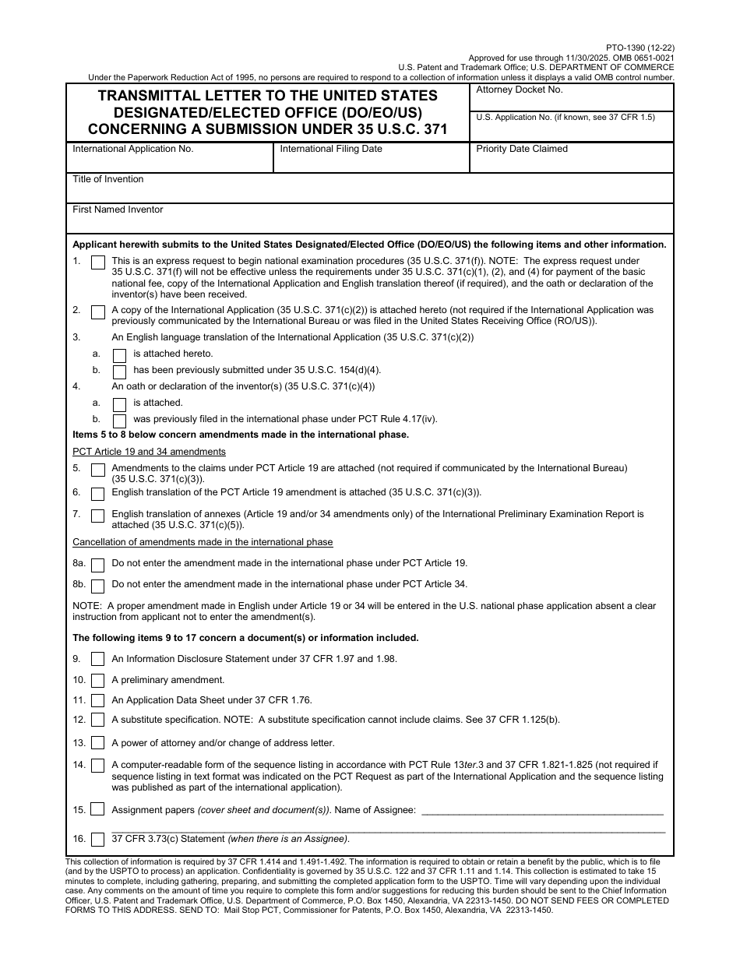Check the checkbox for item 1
pos(98,263)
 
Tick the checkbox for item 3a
pos(119,354)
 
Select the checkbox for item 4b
pos(119,421)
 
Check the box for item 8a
pos(98,565)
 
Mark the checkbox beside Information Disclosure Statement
pos(98,660)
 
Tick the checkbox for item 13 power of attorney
pos(98,743)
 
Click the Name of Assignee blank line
pos(542,810)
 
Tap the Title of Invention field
pos(370,191)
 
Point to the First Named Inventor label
pos(118,210)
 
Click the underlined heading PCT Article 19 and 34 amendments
pos(149,452)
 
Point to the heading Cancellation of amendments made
pos(203,542)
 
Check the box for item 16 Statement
pos(98,840)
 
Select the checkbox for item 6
pos(98,494)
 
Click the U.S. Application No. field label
pos(566,117)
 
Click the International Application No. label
pos(133,149)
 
